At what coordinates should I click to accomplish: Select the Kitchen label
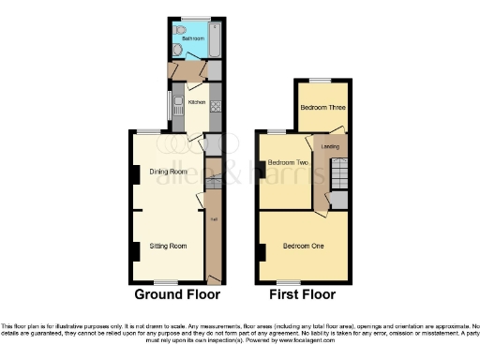click(197, 102)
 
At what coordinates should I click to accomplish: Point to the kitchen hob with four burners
click(216, 105)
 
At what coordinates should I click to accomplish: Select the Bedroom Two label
click(288, 163)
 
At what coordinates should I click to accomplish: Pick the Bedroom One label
click(304, 246)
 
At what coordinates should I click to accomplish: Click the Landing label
click(330, 146)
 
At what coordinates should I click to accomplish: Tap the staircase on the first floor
click(341, 173)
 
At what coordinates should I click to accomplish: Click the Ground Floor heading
click(177, 294)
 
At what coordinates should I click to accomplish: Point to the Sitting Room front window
click(166, 282)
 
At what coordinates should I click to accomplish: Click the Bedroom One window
click(289, 282)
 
